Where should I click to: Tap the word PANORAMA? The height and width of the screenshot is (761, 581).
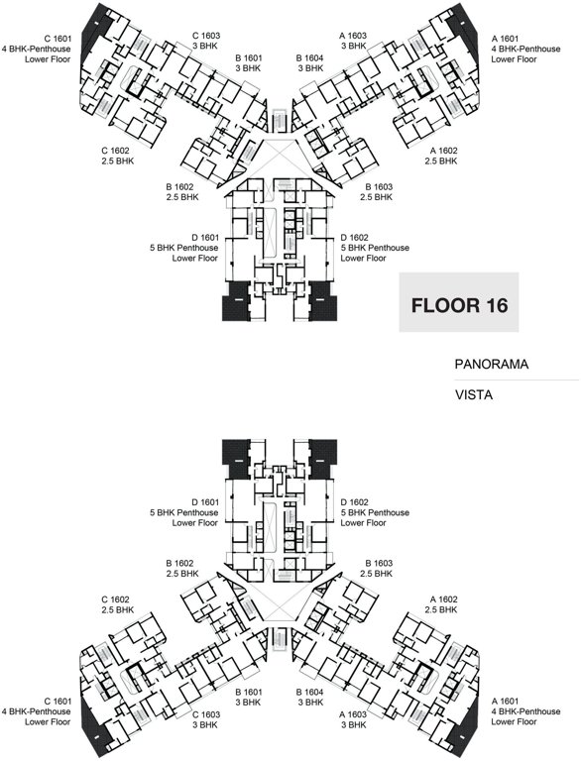[492, 365]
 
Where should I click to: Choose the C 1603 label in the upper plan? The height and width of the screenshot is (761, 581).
[205, 35]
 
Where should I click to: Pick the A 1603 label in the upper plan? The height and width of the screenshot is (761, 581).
[354, 35]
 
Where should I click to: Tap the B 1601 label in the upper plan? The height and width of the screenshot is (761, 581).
[250, 59]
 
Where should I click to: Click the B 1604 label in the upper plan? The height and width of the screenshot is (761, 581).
[311, 59]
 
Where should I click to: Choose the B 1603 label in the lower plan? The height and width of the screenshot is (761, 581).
[378, 563]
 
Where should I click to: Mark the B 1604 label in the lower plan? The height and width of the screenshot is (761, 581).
[311, 691]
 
